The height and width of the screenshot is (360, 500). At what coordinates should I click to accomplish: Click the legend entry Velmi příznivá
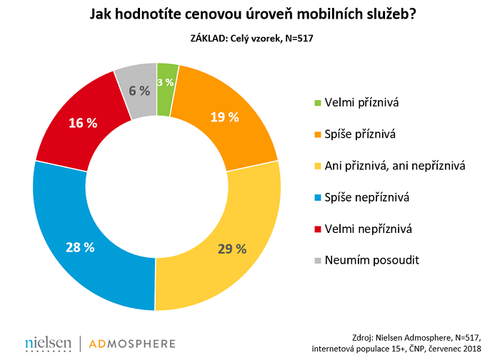(360, 103)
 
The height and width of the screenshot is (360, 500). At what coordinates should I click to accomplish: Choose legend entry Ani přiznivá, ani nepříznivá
(394, 166)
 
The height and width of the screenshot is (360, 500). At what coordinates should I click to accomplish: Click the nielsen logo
(48, 344)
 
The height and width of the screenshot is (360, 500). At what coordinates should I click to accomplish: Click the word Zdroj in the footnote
(366, 336)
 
